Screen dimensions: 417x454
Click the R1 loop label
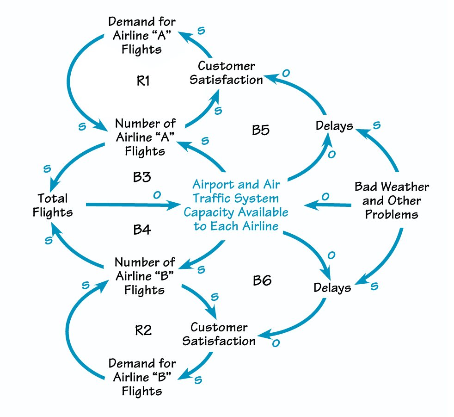coord(143,81)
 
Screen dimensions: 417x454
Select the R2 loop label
coord(143,330)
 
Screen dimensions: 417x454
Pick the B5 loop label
coord(260,131)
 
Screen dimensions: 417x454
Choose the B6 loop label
coord(262,280)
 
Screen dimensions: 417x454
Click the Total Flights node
coord(53,205)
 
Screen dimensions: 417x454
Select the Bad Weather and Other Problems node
coord(392,201)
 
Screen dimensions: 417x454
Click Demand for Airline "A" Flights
coord(141,36)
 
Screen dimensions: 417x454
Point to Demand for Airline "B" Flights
coord(142,377)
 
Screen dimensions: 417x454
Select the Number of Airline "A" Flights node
coord(145,137)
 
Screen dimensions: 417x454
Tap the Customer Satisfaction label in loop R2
coord(219,334)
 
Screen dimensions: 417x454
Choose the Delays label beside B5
coord(334,126)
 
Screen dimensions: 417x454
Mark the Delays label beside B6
coord(332,288)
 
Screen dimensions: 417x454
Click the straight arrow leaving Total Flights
coord(129,204)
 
